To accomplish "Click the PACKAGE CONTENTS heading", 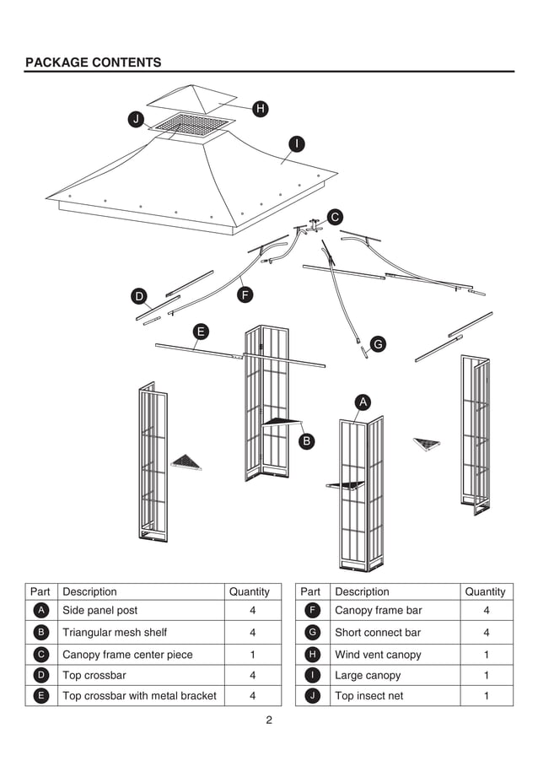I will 93,62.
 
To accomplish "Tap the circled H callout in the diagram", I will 261,108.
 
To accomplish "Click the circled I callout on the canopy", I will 296,143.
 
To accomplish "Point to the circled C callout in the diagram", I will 335,217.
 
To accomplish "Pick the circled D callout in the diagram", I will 138,295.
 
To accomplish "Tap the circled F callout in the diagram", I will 245,294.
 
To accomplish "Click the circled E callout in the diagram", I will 201,331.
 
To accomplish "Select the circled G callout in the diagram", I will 378,343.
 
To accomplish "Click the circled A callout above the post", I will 363,402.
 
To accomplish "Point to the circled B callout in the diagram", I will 308,440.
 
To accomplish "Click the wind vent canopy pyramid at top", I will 195,98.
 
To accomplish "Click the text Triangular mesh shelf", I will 115,633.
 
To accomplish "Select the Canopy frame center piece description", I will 127,655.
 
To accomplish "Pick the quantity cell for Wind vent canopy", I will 486,655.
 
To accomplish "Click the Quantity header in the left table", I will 250,592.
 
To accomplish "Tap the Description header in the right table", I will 362,592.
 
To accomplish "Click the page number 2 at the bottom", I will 269,720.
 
